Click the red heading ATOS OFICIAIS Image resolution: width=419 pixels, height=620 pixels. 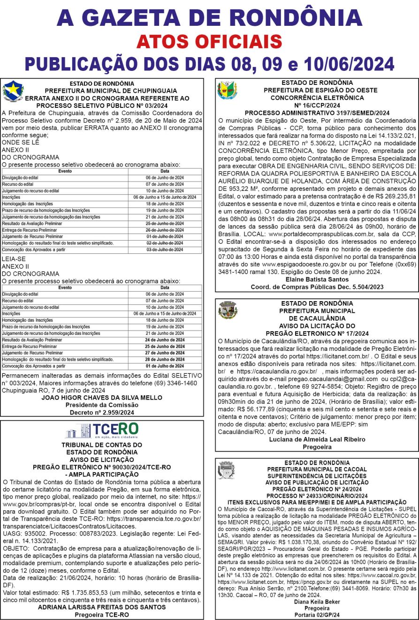point(209,41)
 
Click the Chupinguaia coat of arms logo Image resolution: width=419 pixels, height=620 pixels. point(12,91)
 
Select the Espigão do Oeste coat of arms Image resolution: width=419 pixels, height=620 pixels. point(227,91)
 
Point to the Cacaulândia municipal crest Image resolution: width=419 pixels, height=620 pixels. point(228,310)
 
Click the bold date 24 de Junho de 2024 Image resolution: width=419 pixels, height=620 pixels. point(165,340)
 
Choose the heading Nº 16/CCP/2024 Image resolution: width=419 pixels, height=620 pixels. point(317,105)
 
